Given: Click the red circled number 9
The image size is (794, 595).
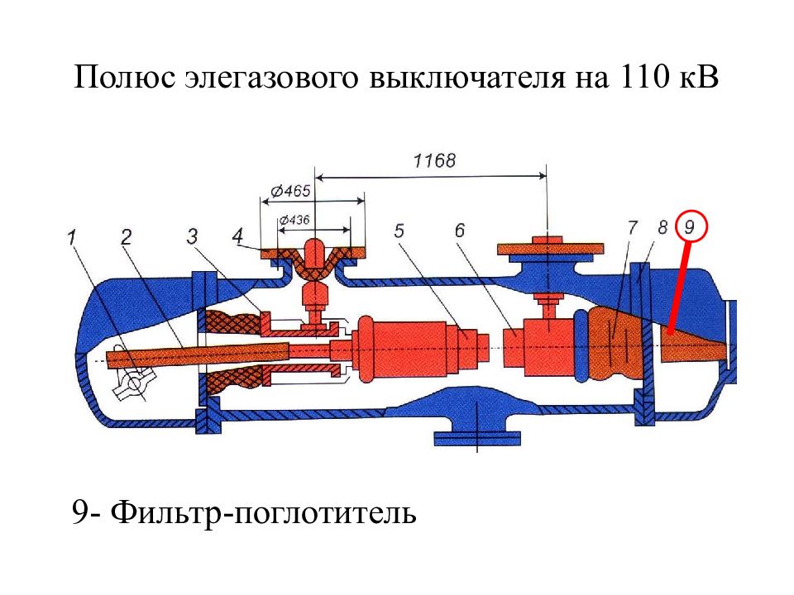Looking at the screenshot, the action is pyautogui.click(x=691, y=226).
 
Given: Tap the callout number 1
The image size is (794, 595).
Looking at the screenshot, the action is pyautogui.click(x=73, y=236).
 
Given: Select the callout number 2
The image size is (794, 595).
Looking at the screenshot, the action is pyautogui.click(x=126, y=236).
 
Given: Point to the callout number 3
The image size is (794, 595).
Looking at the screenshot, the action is pyautogui.click(x=191, y=236).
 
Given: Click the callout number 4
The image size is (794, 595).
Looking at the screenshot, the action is pyautogui.click(x=237, y=236).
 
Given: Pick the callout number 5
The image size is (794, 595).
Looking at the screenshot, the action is pyautogui.click(x=399, y=231).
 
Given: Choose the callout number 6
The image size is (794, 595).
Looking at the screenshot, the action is pyautogui.click(x=460, y=231).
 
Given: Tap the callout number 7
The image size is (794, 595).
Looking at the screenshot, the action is pyautogui.click(x=633, y=228).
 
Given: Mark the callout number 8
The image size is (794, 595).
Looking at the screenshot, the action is pyautogui.click(x=662, y=228).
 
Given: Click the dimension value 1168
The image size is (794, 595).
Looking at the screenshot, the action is pyautogui.click(x=434, y=161).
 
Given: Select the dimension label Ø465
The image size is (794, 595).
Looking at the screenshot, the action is pyautogui.click(x=289, y=191).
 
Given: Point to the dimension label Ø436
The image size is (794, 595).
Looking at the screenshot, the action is pyautogui.click(x=294, y=220).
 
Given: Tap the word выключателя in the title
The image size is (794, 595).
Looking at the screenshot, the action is pyautogui.click(x=466, y=78).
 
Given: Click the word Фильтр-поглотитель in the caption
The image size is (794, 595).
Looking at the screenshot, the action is pyautogui.click(x=263, y=512).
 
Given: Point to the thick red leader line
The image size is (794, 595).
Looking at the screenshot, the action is pyautogui.click(x=678, y=288).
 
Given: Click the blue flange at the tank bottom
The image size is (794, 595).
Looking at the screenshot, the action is pyautogui.click(x=477, y=438).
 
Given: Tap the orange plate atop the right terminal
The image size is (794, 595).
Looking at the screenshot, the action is pyautogui.click(x=551, y=249).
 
